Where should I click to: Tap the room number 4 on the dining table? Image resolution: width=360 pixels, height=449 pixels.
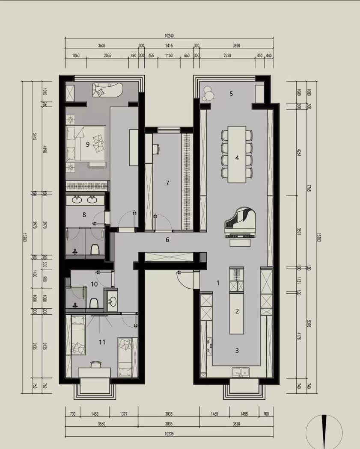click(237, 158)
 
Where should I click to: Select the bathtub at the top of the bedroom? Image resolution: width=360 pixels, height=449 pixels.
click(107, 91)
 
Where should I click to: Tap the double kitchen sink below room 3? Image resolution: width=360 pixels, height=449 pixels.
click(240, 372)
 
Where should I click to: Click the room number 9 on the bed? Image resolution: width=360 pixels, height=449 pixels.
click(88, 145)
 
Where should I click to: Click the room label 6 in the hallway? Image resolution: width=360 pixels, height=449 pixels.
click(167, 240)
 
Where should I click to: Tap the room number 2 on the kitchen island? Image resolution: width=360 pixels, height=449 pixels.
click(237, 311)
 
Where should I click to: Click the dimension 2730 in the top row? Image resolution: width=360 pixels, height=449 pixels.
click(227, 56)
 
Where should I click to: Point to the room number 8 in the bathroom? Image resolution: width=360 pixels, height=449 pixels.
click(84, 215)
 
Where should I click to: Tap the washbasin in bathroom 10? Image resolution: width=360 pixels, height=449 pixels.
click(112, 301)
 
